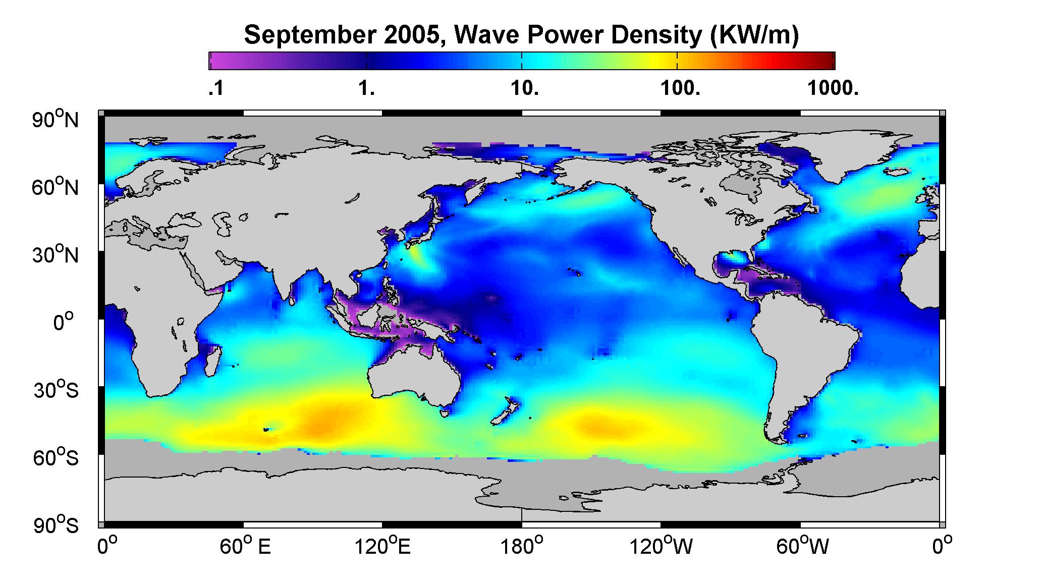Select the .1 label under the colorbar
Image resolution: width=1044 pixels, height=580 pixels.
(215, 89)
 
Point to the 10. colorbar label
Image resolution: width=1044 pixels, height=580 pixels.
(525, 89)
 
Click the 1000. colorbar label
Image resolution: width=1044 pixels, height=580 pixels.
(833, 89)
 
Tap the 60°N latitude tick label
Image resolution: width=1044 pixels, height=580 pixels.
(56, 187)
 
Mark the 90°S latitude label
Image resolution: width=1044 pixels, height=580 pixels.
(56, 525)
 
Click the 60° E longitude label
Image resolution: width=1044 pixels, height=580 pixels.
(245, 547)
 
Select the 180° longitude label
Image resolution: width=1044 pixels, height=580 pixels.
(522, 547)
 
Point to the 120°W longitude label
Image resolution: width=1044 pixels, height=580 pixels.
(662, 547)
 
